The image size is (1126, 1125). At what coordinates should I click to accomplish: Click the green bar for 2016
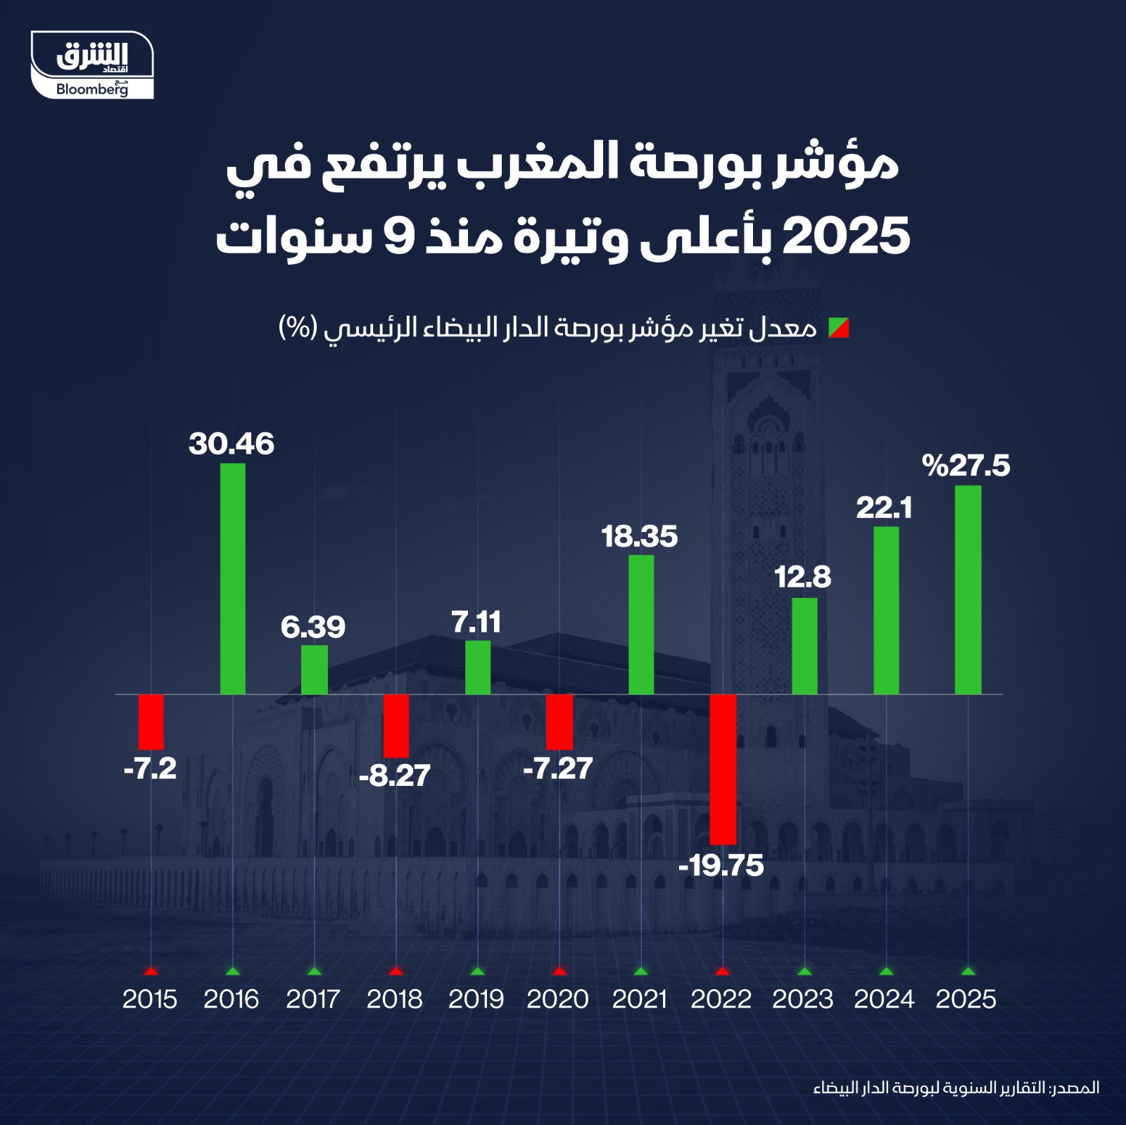[233, 578]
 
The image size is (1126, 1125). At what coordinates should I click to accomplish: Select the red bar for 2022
[723, 769]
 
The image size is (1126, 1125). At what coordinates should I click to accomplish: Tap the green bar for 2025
[968, 590]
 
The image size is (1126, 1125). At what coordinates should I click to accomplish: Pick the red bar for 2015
[151, 722]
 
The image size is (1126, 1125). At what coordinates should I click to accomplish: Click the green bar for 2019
[478, 667]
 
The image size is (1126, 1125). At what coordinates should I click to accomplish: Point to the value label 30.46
[231, 444]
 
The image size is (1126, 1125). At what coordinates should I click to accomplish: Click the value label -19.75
[721, 865]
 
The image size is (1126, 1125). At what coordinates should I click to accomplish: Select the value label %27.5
[966, 466]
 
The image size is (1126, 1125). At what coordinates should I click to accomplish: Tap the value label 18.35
[639, 537]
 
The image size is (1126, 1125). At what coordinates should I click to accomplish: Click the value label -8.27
[394, 776]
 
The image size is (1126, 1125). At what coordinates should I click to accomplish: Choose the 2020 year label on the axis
[557, 999]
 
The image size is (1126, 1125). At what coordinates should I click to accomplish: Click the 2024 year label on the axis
[884, 999]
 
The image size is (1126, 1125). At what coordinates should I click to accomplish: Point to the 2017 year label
[312, 999]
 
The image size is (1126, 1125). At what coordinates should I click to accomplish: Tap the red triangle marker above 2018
[396, 972]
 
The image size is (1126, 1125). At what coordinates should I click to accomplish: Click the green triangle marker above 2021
[640, 972]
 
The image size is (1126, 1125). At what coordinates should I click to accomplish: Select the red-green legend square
[839, 328]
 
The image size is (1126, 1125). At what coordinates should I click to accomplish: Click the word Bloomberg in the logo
[91, 89]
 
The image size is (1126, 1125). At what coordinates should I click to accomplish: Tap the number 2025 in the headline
[846, 236]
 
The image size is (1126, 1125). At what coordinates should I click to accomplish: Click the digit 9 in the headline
[400, 236]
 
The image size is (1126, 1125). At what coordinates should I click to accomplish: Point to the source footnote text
[956, 1088]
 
